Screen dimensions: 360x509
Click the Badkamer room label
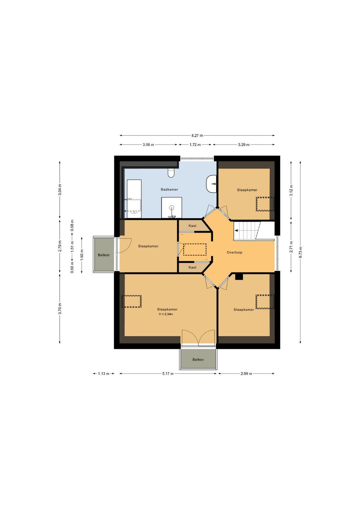coord(169,189)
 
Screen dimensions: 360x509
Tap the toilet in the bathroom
coord(171,173)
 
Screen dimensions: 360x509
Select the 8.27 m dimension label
coord(197,136)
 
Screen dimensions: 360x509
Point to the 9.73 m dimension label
coord(300,252)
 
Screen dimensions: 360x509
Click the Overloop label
coord(234,252)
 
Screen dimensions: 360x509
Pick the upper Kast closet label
coord(192,225)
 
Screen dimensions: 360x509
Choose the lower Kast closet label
coord(192,267)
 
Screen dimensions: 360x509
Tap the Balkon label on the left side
coord(104,255)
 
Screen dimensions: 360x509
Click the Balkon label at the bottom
coord(198,360)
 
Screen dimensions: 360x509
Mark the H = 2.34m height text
coord(166,314)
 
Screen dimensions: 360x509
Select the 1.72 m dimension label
coord(195,145)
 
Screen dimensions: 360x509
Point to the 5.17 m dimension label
coord(168,374)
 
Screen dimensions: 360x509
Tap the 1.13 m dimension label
coord(104,374)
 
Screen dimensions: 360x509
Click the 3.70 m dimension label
coord(60,309)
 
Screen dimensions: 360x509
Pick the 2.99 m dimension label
coord(246,374)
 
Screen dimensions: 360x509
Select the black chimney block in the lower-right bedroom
coord(239,277)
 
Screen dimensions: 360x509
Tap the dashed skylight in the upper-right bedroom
coord(265,204)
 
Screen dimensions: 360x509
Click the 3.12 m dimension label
coord(291,190)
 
